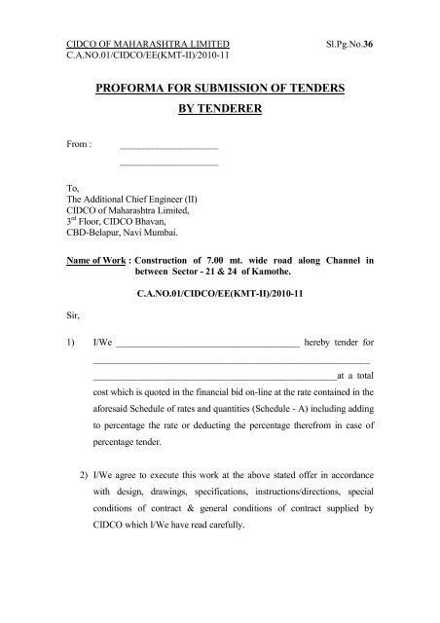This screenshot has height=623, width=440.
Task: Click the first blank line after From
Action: pyautogui.click(x=168, y=147)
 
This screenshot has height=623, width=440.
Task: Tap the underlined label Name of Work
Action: pyautogui.click(x=95, y=262)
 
